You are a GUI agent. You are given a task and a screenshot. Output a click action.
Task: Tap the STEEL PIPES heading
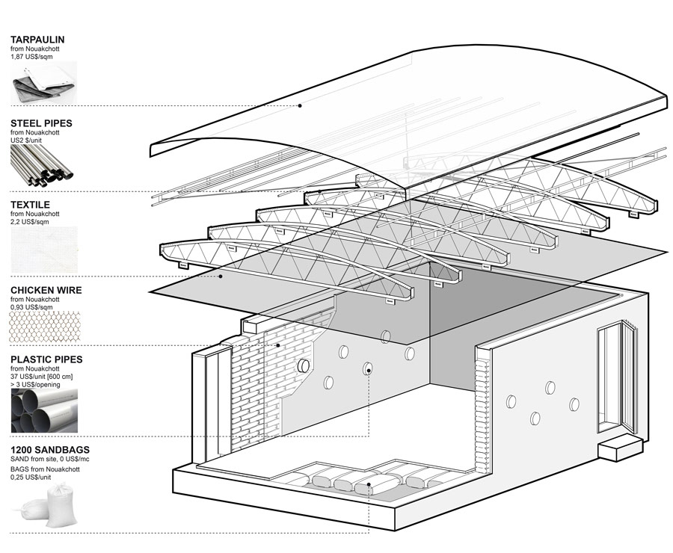(41, 123)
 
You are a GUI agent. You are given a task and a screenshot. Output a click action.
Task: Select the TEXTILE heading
(30, 204)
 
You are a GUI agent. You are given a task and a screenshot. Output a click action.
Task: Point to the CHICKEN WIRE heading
(46, 290)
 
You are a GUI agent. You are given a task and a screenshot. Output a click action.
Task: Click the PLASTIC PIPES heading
(46, 359)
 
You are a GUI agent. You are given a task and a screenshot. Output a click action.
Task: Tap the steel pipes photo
(43, 165)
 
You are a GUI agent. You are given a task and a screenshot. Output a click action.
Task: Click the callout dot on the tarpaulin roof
(300, 105)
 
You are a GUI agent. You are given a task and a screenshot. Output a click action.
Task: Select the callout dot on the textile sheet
(221, 276)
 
